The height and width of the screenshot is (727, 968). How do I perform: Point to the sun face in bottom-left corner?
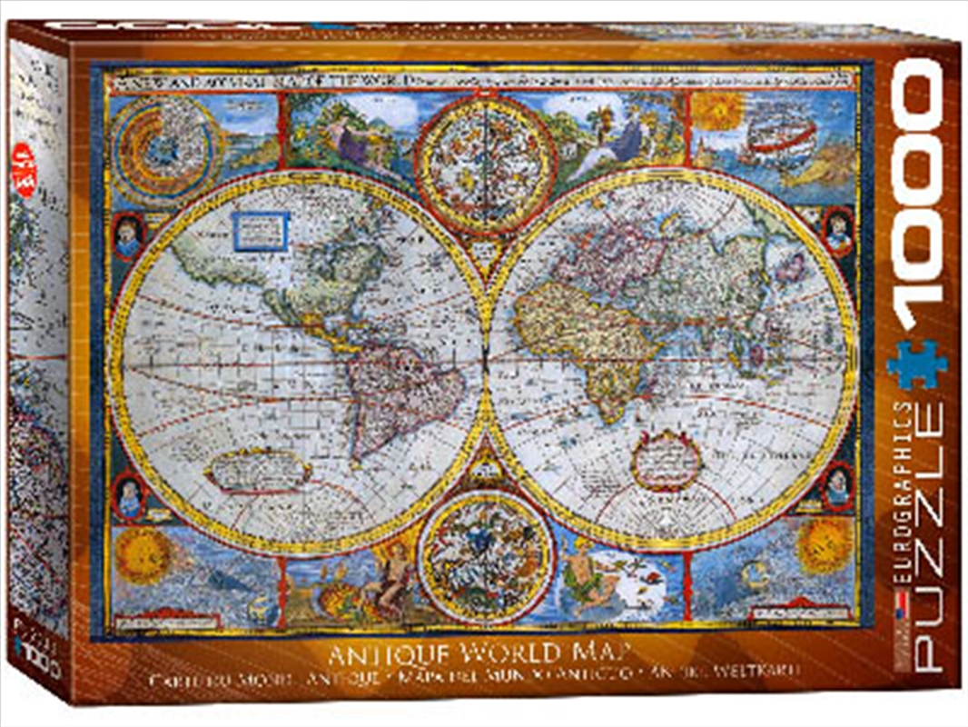143,555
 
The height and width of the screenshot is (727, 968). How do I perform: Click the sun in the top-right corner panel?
718,110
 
